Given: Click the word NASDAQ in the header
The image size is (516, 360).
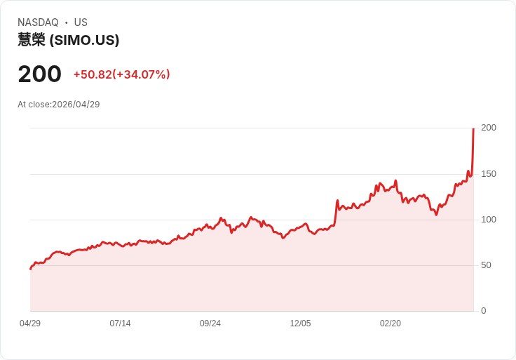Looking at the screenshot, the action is coord(38,22).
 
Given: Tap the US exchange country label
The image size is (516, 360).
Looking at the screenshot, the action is coord(81,22).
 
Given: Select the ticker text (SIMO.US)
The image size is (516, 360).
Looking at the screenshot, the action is coord(84,40).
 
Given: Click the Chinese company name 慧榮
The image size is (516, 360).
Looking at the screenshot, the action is coord(32,40).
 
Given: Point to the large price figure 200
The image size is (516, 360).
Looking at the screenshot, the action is coord(39,74).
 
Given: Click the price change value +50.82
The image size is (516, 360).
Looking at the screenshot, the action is coord(93,74).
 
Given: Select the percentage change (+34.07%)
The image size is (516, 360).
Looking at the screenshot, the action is coord(141,74).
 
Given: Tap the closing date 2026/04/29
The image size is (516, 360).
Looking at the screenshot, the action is coord(76,105).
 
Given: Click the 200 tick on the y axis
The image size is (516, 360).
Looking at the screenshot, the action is coord(489,128).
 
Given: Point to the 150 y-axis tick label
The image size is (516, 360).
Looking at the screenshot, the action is coord(489,174).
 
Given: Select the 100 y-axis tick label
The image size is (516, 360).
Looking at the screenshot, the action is coord(489,220).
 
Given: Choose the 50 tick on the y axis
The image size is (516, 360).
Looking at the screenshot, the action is coord(486,265).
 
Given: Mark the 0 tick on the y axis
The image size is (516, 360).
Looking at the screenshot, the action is coord(484,311).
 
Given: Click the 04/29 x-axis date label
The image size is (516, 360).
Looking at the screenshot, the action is coord(30,324).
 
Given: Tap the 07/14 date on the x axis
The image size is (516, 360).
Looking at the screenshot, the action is coord(120,324).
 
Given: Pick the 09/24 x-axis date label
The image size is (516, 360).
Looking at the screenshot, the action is coord(210,324).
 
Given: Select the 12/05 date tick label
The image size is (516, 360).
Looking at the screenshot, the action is coord(300,324).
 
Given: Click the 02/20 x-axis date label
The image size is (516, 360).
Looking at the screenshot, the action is coord(391,324).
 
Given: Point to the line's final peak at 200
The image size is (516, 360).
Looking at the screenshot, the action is coord(473,128).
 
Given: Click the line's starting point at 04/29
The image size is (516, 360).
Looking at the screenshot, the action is coord(31,269).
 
